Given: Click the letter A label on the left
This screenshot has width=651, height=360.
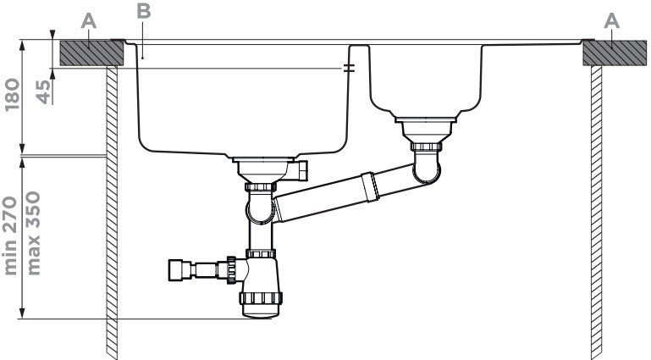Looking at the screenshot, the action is pos(89,21).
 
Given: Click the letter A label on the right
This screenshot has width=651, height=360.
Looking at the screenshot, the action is pos(611,21).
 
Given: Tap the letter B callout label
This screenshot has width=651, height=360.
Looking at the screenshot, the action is pos(144,11).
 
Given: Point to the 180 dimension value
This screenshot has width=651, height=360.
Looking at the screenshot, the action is pos(12,95).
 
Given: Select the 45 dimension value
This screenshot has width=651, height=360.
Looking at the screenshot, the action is pos(43,91).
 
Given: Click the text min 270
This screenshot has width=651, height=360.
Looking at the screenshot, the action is pos(11,235).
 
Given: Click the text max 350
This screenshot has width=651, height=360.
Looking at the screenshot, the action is pos(33,233).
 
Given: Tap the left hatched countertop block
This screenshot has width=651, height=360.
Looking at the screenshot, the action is pos(91,53).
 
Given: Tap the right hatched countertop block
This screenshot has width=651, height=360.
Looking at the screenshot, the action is pos(615,53).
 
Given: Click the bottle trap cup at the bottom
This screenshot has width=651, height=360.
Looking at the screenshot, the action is pos(261,305).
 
